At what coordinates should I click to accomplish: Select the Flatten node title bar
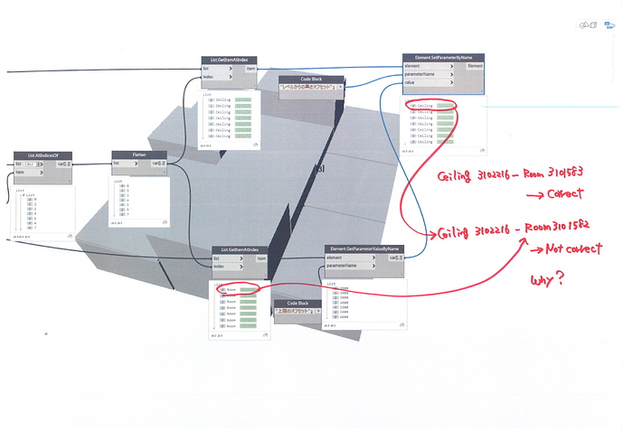(139, 155)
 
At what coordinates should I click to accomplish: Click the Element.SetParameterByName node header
(442, 58)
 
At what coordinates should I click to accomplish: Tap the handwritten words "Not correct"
(571, 249)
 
